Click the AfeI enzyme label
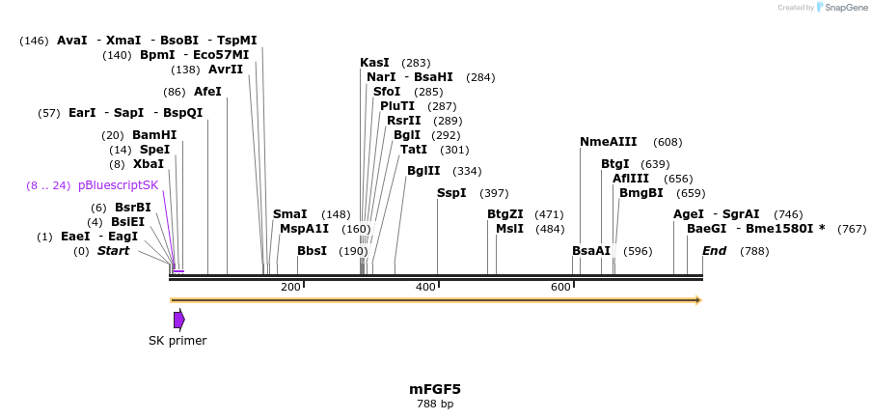[207, 92]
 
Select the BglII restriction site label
[423, 171]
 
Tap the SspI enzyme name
[451, 193]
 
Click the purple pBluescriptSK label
[118, 185]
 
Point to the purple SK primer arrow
[178, 320]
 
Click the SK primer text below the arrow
[177, 341]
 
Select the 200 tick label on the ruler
[290, 287]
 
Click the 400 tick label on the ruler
[425, 287]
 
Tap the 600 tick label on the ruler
[560, 287]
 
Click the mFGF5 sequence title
[435, 389]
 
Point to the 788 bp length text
[435, 405]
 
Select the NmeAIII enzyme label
[608, 142]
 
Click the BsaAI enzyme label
[591, 251]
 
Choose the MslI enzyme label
[509, 229]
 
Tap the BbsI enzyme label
[312, 251]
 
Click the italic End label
[714, 251]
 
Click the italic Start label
[113, 251]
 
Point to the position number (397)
[494, 193]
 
